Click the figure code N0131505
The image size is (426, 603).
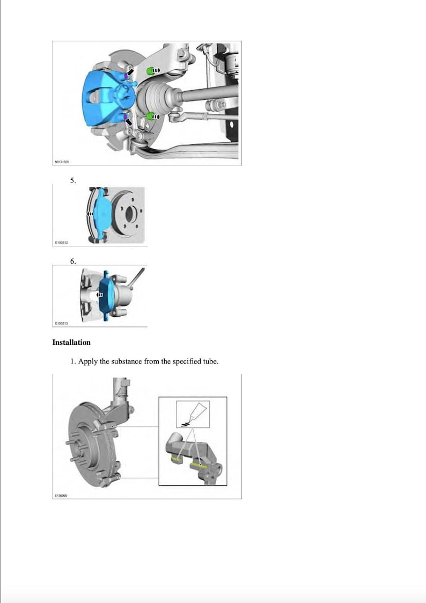[63, 161]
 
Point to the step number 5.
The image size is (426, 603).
[73, 181]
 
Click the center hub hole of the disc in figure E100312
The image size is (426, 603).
[129, 214]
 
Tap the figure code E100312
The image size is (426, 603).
[62, 243]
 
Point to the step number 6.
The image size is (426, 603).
[73, 261]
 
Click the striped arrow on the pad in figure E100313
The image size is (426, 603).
[99, 295]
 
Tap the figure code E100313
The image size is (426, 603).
[62, 324]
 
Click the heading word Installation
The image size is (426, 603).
[71, 342]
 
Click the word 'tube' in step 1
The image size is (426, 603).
[209, 361]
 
